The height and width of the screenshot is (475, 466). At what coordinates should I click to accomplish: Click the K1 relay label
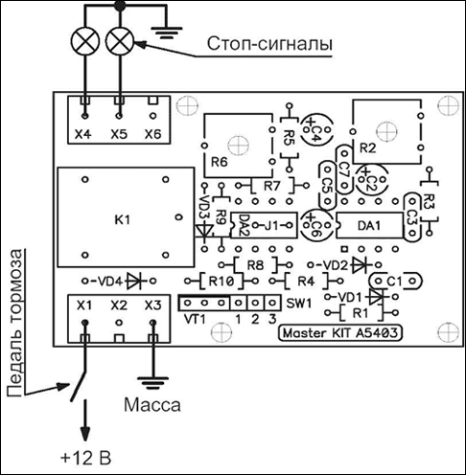click(x=123, y=220)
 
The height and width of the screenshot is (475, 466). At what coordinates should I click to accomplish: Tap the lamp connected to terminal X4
click(x=85, y=41)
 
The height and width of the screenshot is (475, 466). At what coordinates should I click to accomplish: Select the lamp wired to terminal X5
click(x=120, y=41)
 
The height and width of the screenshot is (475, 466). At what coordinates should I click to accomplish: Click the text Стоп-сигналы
click(x=269, y=44)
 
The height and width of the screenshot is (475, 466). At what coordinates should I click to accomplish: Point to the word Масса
click(x=152, y=405)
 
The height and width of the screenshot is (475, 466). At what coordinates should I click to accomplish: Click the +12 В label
click(x=85, y=458)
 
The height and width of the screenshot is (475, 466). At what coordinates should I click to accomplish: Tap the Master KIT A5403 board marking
click(x=340, y=333)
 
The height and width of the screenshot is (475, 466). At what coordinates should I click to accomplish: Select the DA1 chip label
click(x=369, y=226)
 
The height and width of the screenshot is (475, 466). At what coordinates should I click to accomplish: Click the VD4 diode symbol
click(x=134, y=281)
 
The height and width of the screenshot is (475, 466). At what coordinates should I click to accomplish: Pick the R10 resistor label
click(x=221, y=282)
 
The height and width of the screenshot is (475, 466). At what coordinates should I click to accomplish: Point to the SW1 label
click(x=298, y=304)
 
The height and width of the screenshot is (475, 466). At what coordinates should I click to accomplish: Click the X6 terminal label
click(x=152, y=134)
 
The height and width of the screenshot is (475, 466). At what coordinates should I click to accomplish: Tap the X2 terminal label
click(x=119, y=305)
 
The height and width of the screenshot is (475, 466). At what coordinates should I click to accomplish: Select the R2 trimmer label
click(x=367, y=148)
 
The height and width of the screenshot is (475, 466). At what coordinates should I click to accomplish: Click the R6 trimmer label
click(x=220, y=162)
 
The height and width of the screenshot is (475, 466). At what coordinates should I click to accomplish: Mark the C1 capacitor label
click(x=394, y=282)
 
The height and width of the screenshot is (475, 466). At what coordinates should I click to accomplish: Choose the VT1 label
click(x=195, y=319)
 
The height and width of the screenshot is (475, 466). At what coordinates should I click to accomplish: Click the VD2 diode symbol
click(x=360, y=264)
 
